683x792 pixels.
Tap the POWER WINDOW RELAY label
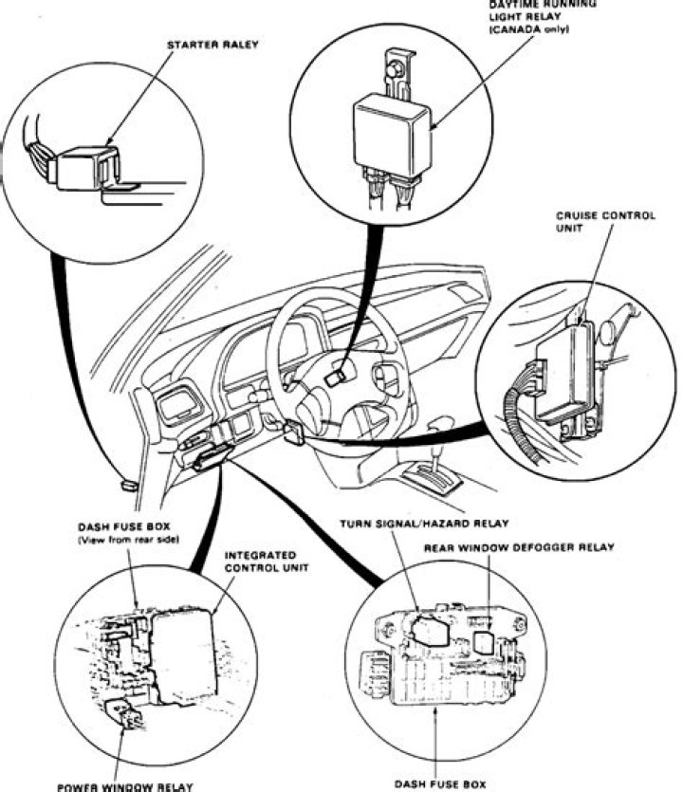click(x=124, y=785)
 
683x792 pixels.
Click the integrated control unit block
click(x=184, y=654)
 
